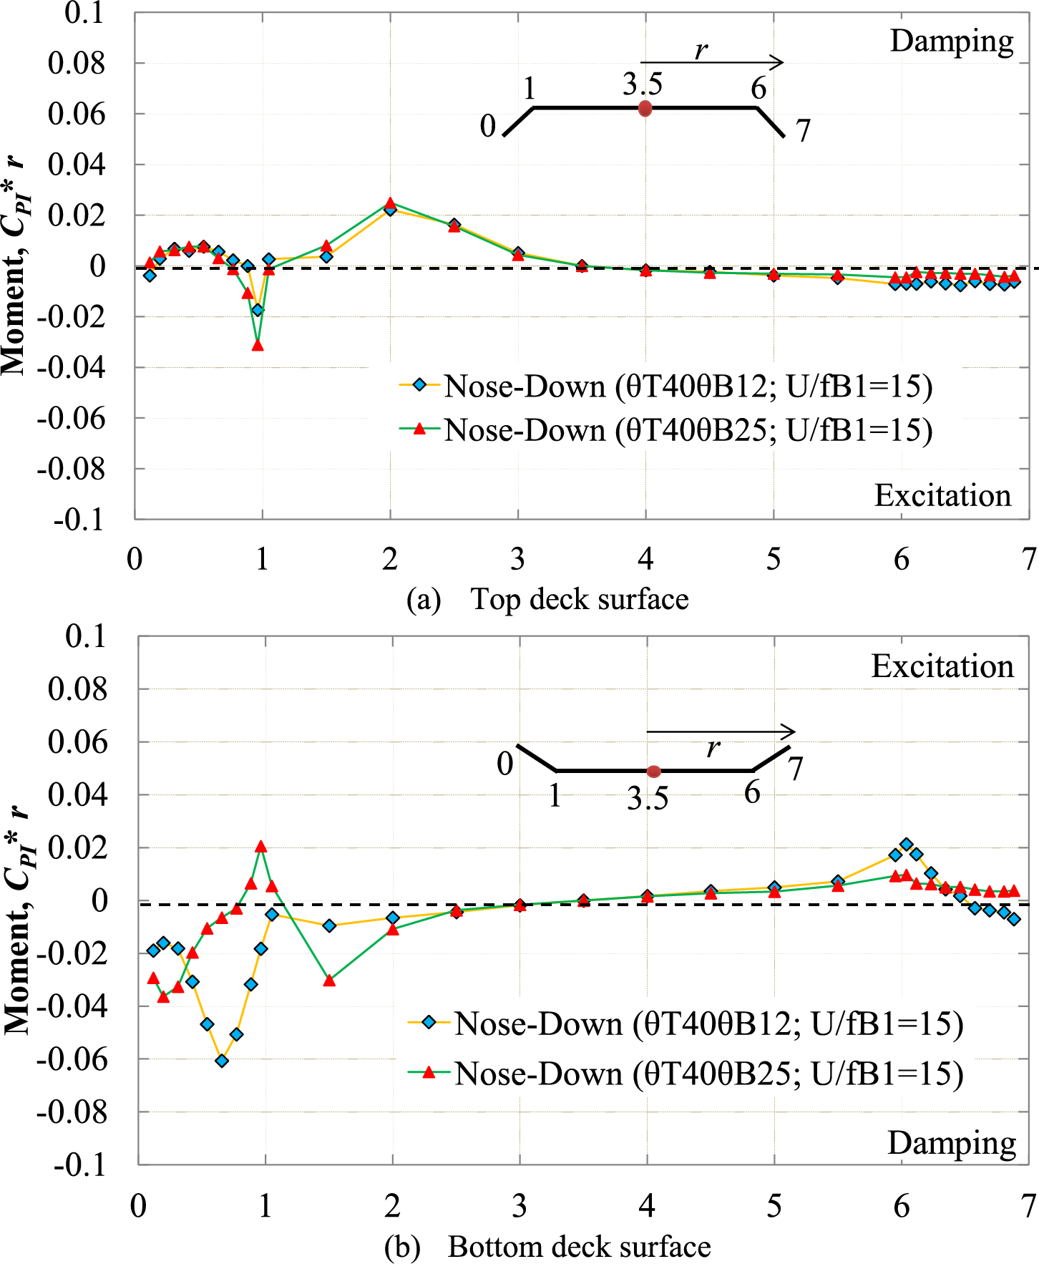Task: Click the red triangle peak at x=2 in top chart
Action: tap(390, 203)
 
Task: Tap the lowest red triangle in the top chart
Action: tap(258, 345)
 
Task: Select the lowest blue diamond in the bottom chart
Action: tap(222, 1061)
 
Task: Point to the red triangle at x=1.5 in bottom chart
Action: tap(329, 981)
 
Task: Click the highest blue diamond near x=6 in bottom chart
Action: tap(907, 845)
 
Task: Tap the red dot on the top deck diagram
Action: tap(645, 109)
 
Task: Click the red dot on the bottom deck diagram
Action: tap(653, 771)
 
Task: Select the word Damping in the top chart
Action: tap(951, 42)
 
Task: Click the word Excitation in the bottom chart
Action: tap(942, 667)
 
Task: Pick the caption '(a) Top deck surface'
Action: tap(547, 599)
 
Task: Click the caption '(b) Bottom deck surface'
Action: tap(547, 1247)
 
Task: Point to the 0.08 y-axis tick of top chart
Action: tap(76, 63)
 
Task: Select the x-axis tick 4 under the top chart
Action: tap(645, 559)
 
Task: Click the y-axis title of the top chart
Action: tap(14, 265)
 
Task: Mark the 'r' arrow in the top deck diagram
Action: tap(711, 62)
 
